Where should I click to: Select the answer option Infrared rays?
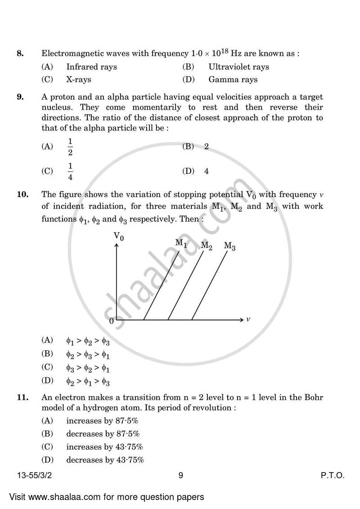tap(91, 67)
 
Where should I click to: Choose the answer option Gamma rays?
tap(233, 80)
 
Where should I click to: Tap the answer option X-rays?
tap(78, 80)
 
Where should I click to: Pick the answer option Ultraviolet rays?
tap(238, 67)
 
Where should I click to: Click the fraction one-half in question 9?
tap(70, 146)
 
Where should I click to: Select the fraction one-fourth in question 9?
tap(70, 171)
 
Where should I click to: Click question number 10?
tap(22, 194)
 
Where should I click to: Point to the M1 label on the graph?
tap(181, 243)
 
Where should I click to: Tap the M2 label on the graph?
tap(207, 246)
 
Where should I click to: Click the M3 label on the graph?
tap(229, 246)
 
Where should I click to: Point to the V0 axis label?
tap(118, 235)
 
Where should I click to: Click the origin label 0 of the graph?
tap(111, 321)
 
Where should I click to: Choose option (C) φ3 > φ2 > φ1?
tap(88, 368)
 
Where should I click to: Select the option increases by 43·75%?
tap(104, 447)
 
